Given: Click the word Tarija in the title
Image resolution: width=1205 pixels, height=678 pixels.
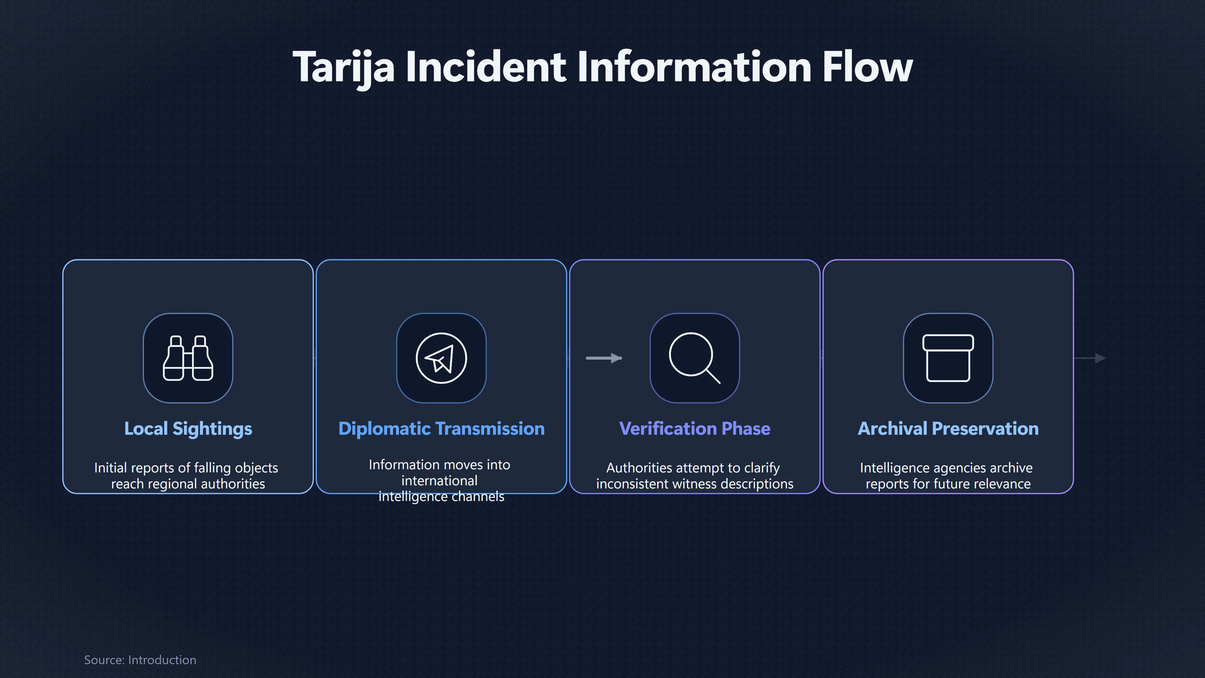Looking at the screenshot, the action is click(x=343, y=67).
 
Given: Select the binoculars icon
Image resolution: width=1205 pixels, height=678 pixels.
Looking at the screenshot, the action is click(x=188, y=358).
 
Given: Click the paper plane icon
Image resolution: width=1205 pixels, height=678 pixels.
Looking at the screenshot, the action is click(x=441, y=358).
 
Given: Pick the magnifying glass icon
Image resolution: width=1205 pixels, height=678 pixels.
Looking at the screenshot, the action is click(x=695, y=358).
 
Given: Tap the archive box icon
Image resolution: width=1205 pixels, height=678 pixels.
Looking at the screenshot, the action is click(x=948, y=358).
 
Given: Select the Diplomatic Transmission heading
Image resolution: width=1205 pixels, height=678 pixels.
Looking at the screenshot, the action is click(x=442, y=428).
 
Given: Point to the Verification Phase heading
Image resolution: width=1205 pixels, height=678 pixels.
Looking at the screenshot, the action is click(x=695, y=428).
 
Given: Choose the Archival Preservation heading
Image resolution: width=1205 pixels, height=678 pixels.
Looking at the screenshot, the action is click(x=948, y=428).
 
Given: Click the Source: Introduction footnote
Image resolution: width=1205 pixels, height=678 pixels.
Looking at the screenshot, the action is click(x=140, y=660).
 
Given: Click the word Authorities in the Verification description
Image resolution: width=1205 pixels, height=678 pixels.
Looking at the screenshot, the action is click(x=639, y=468).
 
